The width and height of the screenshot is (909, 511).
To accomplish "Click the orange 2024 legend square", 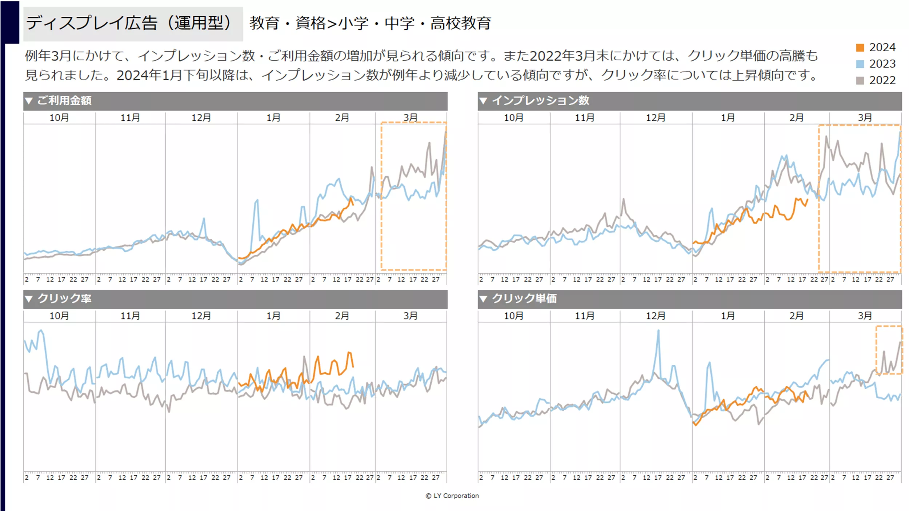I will pyautogui.click(x=860, y=48).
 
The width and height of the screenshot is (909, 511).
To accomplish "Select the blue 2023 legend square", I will pyautogui.click(x=860, y=64).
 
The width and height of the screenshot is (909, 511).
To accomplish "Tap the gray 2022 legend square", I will pyautogui.click(x=860, y=80).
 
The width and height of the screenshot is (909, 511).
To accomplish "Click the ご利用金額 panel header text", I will pyautogui.click(x=64, y=100).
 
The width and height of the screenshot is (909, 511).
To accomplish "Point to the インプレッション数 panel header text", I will pyautogui.click(x=540, y=100).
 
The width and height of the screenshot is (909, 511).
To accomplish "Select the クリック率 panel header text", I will pyautogui.click(x=64, y=299).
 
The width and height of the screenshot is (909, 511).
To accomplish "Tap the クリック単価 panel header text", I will pyautogui.click(x=524, y=299).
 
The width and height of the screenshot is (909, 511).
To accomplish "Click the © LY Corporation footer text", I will pyautogui.click(x=452, y=496).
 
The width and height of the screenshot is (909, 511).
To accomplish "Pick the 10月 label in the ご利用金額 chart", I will pyautogui.click(x=59, y=118).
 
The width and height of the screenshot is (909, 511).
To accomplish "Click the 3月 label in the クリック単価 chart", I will pyautogui.click(x=865, y=316).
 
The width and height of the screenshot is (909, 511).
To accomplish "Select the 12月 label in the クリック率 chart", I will pyautogui.click(x=201, y=316).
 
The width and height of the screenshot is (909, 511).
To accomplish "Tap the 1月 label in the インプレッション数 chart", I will pyautogui.click(x=728, y=118).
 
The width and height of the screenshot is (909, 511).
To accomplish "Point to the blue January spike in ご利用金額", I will pyautogui.click(x=257, y=201).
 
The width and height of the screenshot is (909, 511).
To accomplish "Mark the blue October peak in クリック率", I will pyautogui.click(x=41, y=331).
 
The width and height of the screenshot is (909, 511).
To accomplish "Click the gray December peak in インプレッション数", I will pyautogui.click(x=623, y=200).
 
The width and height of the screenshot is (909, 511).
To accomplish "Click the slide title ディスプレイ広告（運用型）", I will pyautogui.click(x=129, y=23).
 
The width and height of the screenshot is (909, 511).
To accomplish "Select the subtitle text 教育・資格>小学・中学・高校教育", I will pyautogui.click(x=370, y=23).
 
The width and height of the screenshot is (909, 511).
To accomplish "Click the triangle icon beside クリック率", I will pyautogui.click(x=29, y=299).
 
